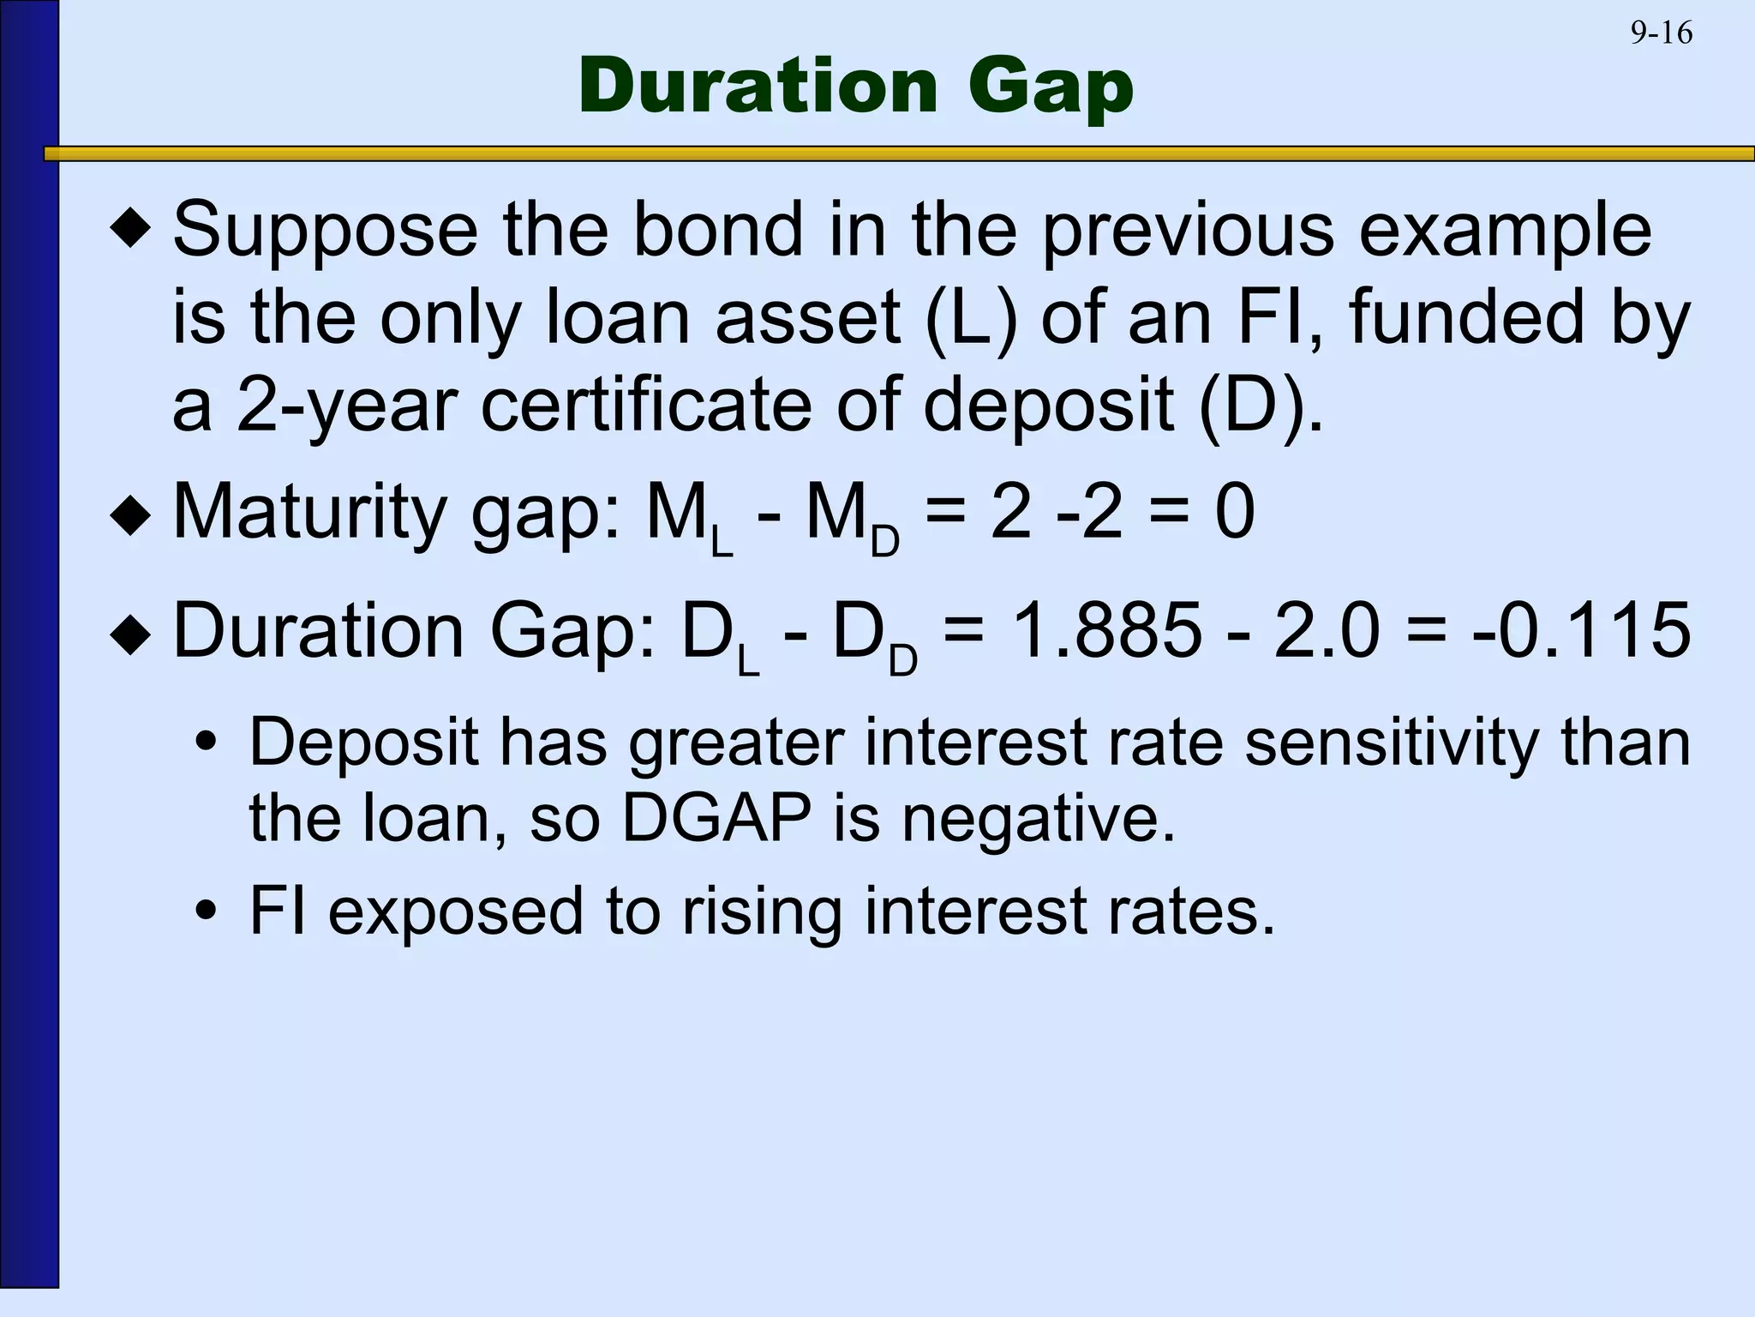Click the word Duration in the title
pyautogui.click(x=758, y=87)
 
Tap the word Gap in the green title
pyautogui.click(x=1051, y=88)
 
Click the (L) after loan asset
pyautogui.click(x=972, y=317)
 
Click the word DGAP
pyautogui.click(x=716, y=819)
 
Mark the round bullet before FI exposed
pyautogui.click(x=205, y=911)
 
